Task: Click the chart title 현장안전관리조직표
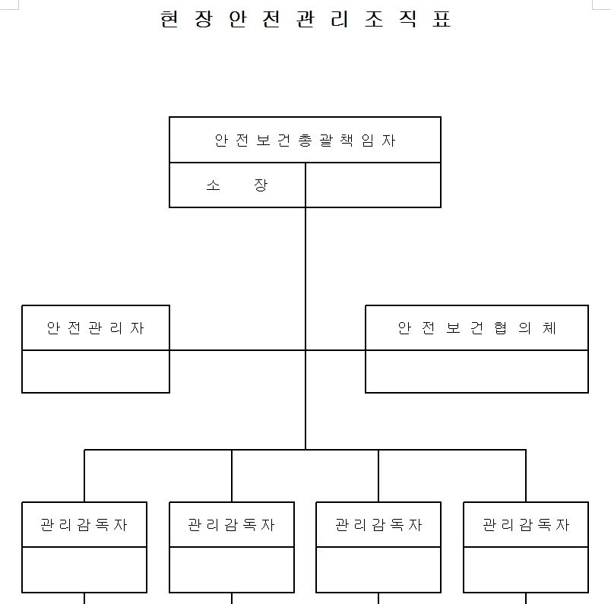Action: click(306, 19)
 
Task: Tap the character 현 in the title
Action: click(169, 19)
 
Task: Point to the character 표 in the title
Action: click(442, 19)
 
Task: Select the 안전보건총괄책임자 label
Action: click(305, 141)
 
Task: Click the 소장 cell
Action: click(237, 185)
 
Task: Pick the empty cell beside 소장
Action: click(373, 185)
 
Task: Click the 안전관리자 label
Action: click(96, 328)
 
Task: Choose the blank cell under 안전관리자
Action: click(96, 372)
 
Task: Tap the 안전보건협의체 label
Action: click(477, 328)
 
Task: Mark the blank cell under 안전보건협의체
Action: click(477, 372)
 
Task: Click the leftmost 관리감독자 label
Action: click(84, 525)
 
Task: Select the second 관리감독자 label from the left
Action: click(232, 525)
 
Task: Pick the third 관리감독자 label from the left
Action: click(378, 525)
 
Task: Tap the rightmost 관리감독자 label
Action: click(526, 525)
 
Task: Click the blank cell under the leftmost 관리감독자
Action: click(84, 570)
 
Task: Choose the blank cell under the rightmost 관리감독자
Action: click(526, 570)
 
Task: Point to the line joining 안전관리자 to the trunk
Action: click(237, 350)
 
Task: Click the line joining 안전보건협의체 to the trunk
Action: click(335, 350)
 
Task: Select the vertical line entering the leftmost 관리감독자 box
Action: click(84, 476)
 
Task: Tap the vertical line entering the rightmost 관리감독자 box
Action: click(526, 476)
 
